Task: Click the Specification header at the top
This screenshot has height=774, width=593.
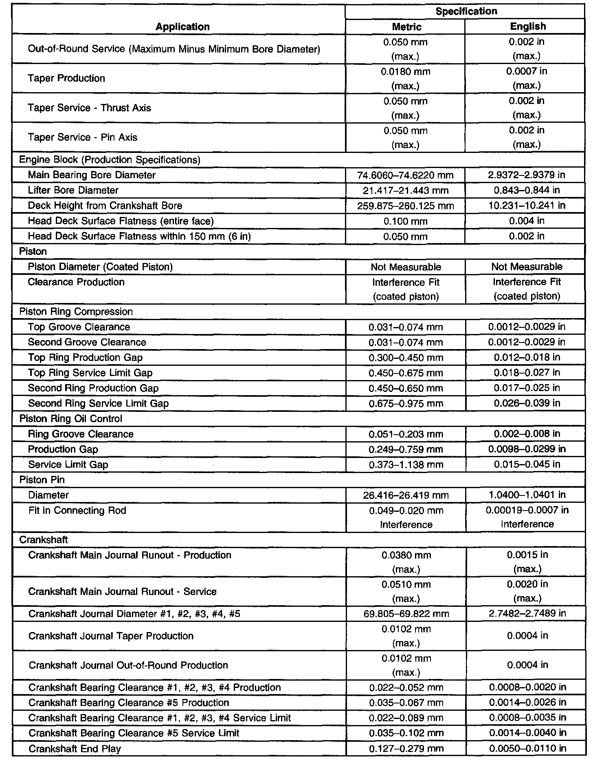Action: pyautogui.click(x=466, y=11)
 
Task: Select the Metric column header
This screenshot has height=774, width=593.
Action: pyautogui.click(x=406, y=27)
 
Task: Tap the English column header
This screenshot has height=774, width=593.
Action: pyautogui.click(x=527, y=27)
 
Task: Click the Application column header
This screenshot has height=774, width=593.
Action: pyautogui.click(x=182, y=27)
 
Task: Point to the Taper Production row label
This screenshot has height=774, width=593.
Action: pyautogui.click(x=66, y=78)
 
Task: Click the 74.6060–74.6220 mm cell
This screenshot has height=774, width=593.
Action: pyautogui.click(x=405, y=175)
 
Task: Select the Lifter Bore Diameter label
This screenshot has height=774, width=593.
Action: pyautogui.click(x=73, y=190)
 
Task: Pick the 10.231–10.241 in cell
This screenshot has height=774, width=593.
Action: pyautogui.click(x=527, y=206)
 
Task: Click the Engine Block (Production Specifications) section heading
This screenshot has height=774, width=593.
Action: pyautogui.click(x=110, y=160)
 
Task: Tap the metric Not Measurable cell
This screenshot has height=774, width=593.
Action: pyautogui.click(x=406, y=267)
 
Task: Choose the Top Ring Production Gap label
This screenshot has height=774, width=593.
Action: pyautogui.click(x=85, y=358)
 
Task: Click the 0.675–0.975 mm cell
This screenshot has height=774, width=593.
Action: pyautogui.click(x=406, y=404)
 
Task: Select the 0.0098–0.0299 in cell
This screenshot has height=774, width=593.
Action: pyautogui.click(x=527, y=449)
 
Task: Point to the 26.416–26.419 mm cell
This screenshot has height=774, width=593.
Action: pyautogui.click(x=406, y=495)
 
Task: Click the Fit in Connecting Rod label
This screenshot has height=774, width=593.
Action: pyautogui.click(x=77, y=511)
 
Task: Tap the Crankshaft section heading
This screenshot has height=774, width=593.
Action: pyautogui.click(x=44, y=540)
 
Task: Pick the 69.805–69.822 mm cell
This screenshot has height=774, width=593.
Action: pyautogui.click(x=406, y=614)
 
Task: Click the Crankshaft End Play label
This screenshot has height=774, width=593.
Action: pyautogui.click(x=75, y=749)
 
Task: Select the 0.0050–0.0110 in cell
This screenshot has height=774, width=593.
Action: pyautogui.click(x=527, y=748)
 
